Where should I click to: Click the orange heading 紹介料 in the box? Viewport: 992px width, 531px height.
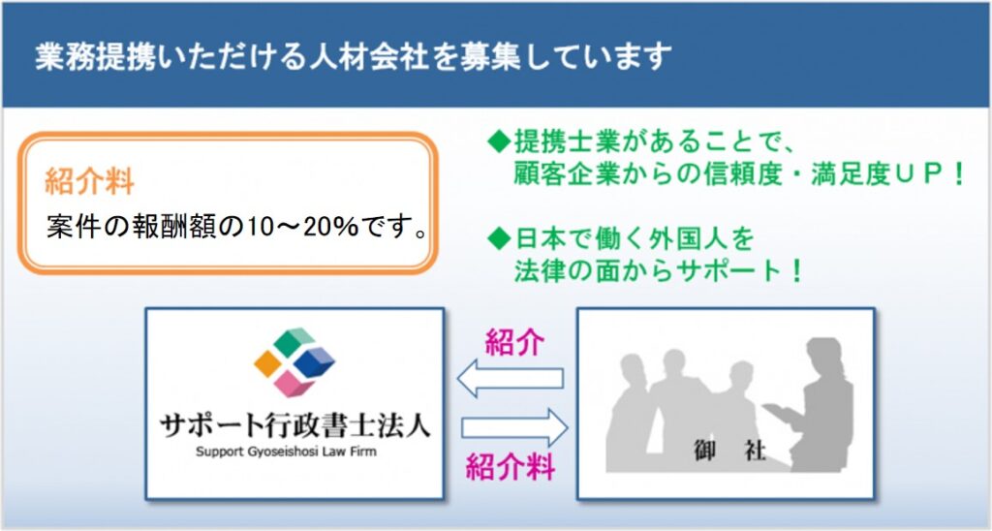pyautogui.click(x=89, y=182)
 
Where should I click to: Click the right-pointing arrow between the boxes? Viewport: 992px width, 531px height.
pyautogui.click(x=514, y=428)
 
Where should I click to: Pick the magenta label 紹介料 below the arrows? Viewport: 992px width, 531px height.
pyautogui.click(x=511, y=468)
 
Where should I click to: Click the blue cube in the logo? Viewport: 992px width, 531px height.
pyautogui.click(x=315, y=361)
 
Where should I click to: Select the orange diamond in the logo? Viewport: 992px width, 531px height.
pyautogui.click(x=267, y=363)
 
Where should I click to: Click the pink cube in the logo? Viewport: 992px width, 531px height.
pyautogui.click(x=294, y=384)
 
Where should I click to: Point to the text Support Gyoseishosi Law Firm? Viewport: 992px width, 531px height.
pyautogui.click(x=286, y=452)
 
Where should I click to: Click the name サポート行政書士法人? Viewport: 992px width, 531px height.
pyautogui.click(x=294, y=424)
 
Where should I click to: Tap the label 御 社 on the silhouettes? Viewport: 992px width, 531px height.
pyautogui.click(x=729, y=451)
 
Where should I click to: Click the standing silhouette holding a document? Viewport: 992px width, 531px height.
pyautogui.click(x=816, y=405)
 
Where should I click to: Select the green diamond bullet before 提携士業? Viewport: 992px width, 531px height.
pyautogui.click(x=499, y=141)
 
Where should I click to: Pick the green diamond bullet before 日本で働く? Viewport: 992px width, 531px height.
pyautogui.click(x=499, y=238)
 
